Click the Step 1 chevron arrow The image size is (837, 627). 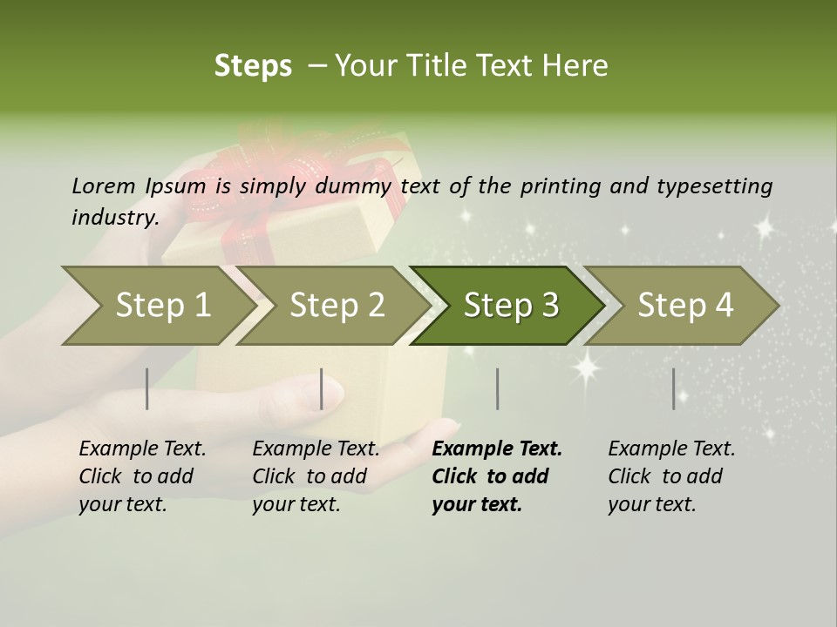click(157, 306)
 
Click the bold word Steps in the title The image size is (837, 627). click(253, 66)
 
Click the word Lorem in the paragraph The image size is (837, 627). click(103, 186)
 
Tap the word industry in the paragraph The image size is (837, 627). click(114, 218)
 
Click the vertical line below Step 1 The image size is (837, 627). click(147, 388)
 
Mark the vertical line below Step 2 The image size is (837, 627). click(322, 388)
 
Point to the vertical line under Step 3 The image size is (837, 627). click(497, 388)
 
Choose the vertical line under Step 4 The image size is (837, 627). click(673, 388)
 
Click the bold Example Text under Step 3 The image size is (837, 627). click(497, 476)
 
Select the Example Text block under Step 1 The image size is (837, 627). click(142, 476)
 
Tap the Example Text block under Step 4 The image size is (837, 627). click(671, 476)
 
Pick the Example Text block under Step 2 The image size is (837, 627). click(316, 476)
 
